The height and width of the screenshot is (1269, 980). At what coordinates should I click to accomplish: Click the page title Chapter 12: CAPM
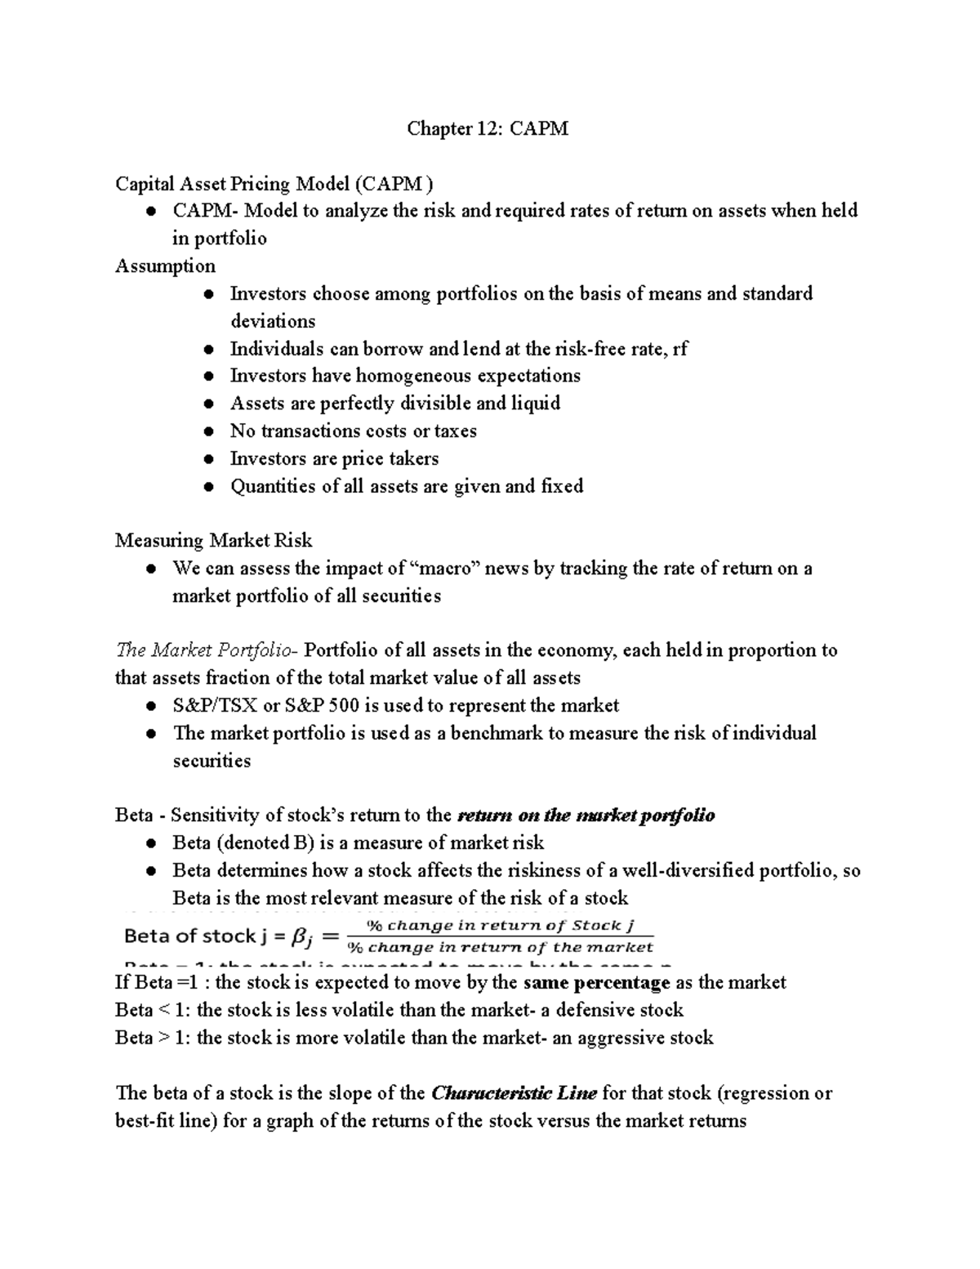[x=488, y=128]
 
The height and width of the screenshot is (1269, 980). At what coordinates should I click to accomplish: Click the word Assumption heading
[x=165, y=266]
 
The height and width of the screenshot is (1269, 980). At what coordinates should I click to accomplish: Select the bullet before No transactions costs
[x=210, y=431]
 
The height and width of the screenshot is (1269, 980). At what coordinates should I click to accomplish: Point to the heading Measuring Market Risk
[x=213, y=541]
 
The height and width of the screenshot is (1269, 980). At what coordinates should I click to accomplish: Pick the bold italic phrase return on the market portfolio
[x=586, y=815]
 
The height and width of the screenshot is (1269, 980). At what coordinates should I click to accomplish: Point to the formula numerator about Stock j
[x=499, y=926]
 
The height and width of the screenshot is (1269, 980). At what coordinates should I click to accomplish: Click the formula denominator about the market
[x=500, y=948]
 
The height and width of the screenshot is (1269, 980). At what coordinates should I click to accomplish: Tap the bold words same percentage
[x=596, y=983]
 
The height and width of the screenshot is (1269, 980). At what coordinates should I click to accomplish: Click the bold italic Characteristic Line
[x=514, y=1093]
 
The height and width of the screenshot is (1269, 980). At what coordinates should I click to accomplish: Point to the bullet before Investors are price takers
[x=210, y=459]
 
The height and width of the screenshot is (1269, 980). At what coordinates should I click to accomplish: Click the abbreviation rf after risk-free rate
[x=679, y=349]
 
